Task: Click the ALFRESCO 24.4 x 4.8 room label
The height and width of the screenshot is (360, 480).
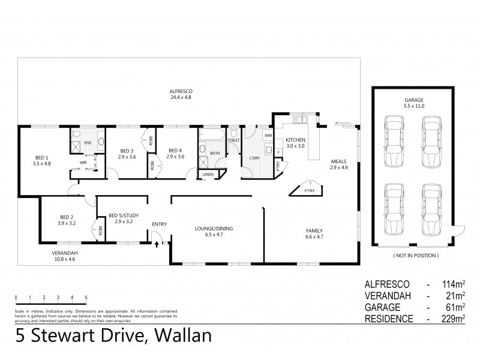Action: pyautogui.click(x=181, y=94)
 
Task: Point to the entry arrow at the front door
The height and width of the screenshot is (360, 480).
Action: pyautogui.click(x=157, y=244)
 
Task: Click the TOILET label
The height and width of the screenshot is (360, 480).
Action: pyautogui.click(x=233, y=140)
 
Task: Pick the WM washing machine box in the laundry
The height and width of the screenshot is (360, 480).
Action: pyautogui.click(x=267, y=136)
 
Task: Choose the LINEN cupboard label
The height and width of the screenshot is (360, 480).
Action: pyautogui.click(x=208, y=175)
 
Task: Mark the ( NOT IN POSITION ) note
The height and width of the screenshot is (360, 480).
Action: pyautogui.click(x=416, y=256)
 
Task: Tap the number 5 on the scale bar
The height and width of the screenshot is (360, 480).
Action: pyautogui.click(x=86, y=298)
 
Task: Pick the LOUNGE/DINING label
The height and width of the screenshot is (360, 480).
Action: pyautogui.click(x=213, y=232)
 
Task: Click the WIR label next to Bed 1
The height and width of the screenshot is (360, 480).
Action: pyautogui.click(x=83, y=162)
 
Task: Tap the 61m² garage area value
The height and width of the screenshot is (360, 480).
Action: pyautogui.click(x=458, y=307)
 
